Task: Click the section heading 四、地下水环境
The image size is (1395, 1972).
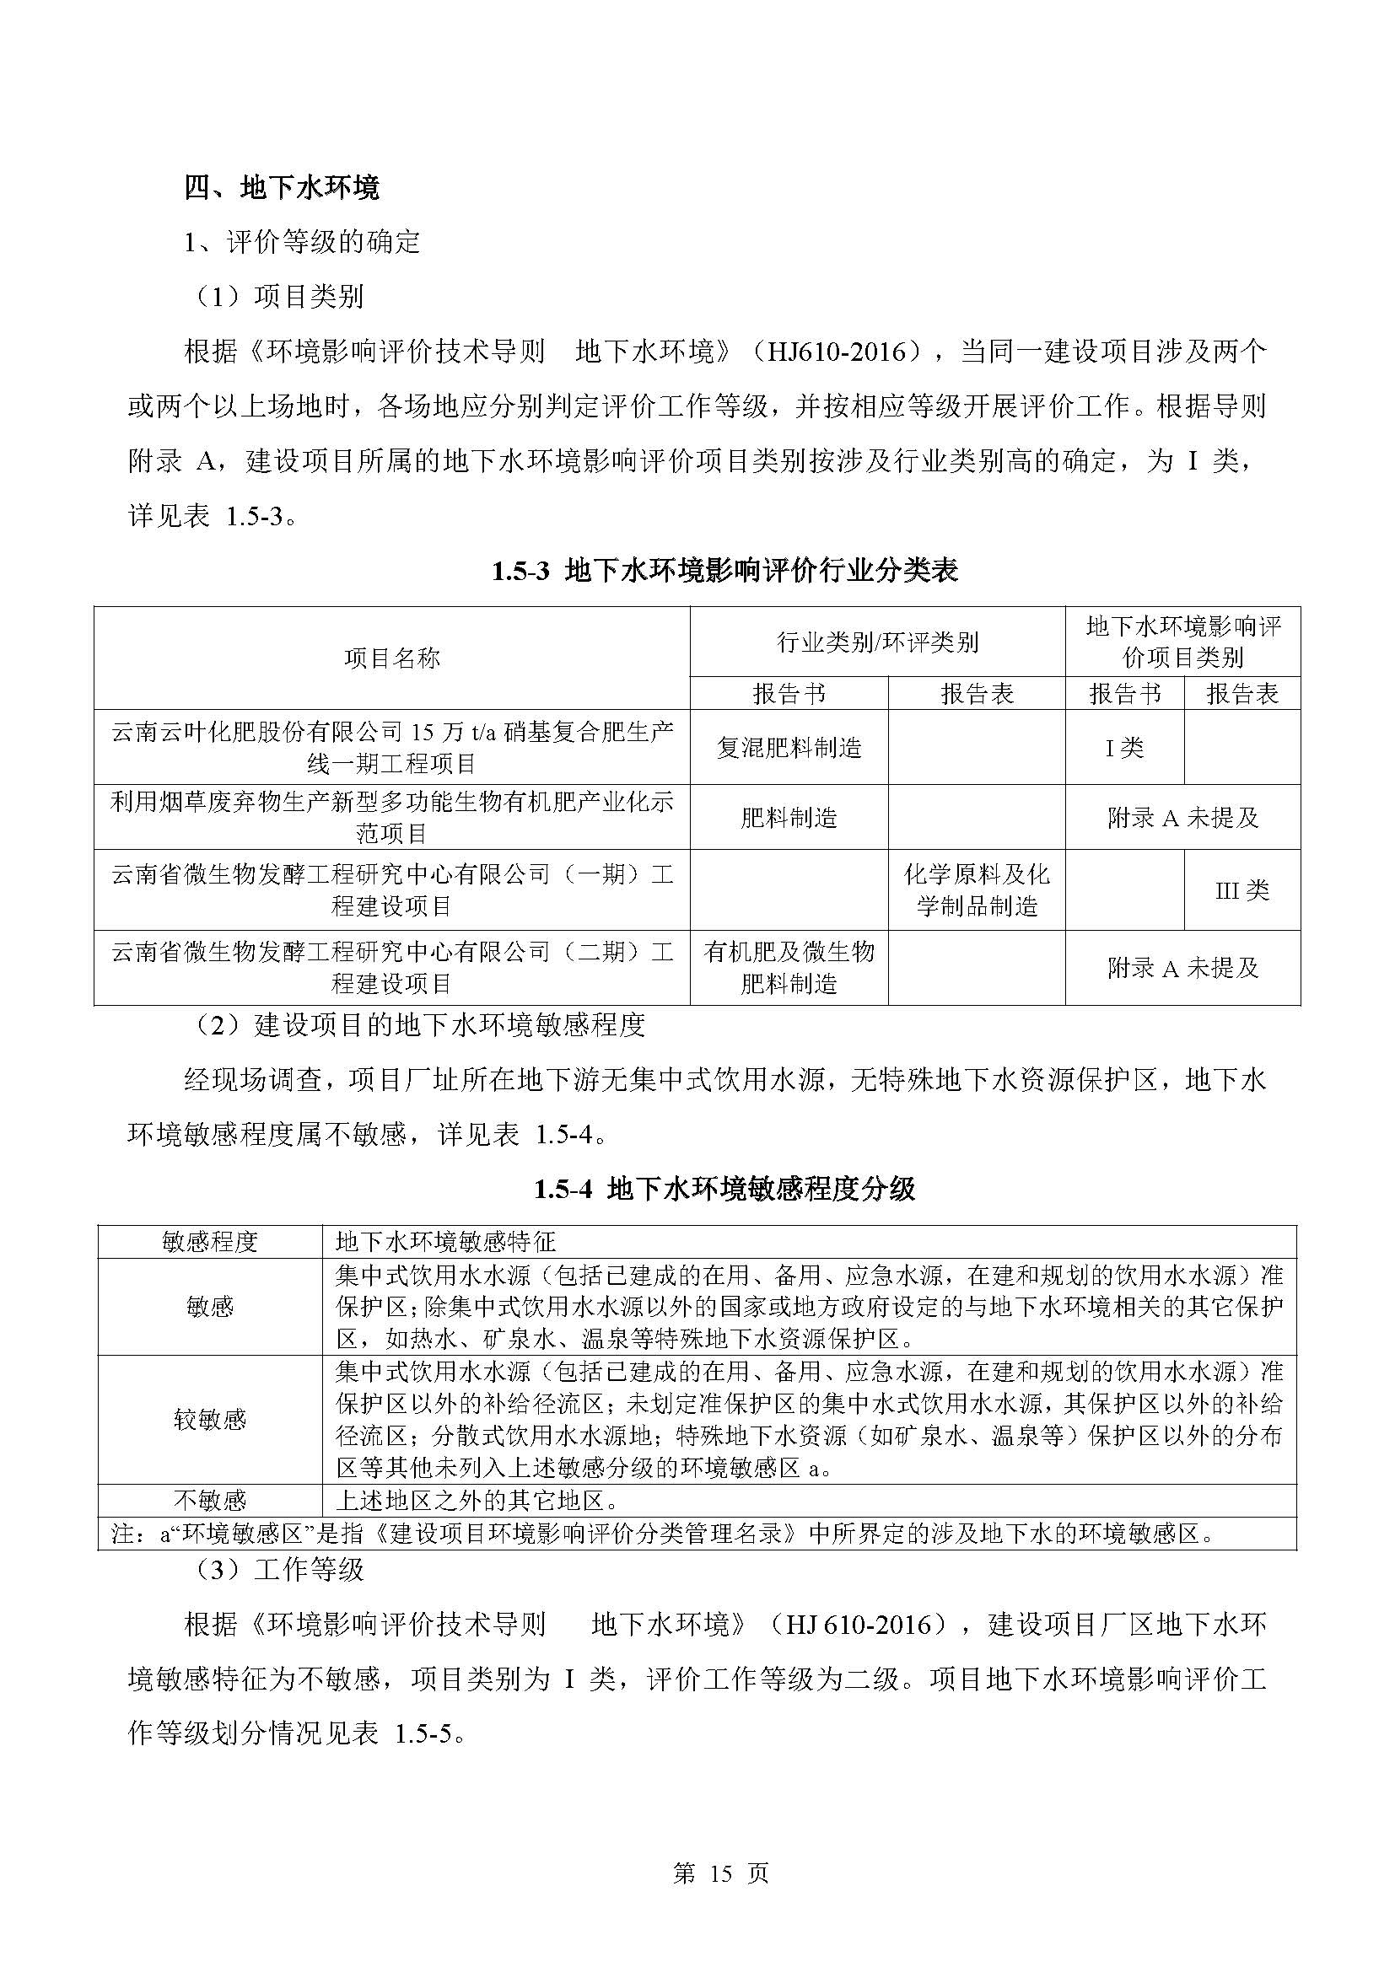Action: [x=282, y=187]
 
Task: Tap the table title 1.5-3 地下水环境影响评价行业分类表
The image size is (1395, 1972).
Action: [x=724, y=571]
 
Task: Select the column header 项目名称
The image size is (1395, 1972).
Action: [x=391, y=658]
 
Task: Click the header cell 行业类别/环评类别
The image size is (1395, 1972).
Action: [x=877, y=642]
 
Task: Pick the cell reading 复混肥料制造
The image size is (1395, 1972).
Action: [x=789, y=747]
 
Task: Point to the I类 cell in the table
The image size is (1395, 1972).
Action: [x=1124, y=747]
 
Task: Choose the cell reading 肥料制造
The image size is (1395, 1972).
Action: [x=789, y=818]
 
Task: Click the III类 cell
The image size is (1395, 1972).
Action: [x=1242, y=889]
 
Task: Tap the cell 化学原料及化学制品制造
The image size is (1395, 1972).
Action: [x=977, y=889]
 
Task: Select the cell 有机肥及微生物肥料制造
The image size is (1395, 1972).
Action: [x=789, y=967]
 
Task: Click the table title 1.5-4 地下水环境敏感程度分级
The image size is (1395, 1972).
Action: [x=724, y=1189]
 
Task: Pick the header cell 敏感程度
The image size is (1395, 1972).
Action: [x=211, y=1241]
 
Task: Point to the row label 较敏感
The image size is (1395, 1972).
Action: [x=211, y=1419]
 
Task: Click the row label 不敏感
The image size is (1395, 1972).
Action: [x=211, y=1501]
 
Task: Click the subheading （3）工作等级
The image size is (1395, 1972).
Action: [x=279, y=1570]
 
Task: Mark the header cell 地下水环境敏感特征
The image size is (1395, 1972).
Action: [x=446, y=1241]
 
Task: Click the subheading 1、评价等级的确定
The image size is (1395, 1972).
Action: [x=303, y=242]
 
